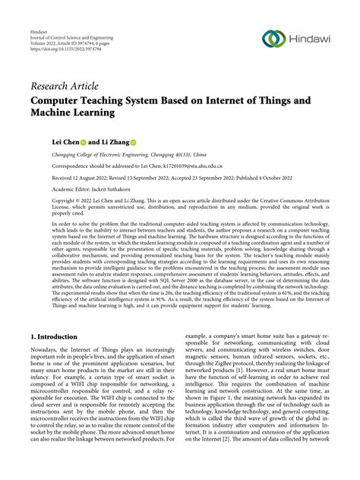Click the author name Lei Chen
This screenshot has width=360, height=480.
click(x=67, y=142)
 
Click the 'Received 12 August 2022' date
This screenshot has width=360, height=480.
click(x=82, y=176)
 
